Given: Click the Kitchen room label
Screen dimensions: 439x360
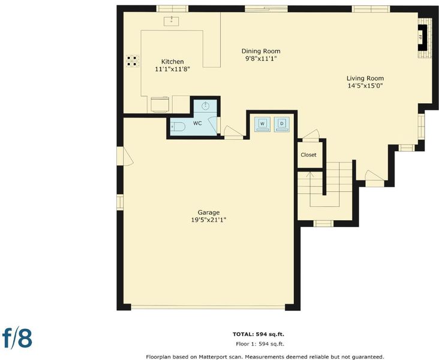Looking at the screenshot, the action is click(x=173, y=62).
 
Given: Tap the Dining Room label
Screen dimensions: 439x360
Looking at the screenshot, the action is click(x=261, y=51).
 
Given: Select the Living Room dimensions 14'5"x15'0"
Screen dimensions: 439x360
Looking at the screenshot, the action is click(x=365, y=86).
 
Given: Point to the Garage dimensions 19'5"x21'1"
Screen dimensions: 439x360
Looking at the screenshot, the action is click(x=209, y=220).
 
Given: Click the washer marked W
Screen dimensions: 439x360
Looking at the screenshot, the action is click(x=262, y=124).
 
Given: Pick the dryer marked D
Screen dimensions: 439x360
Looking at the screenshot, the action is click(x=282, y=124).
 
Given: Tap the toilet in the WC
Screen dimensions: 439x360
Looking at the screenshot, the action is click(x=178, y=127).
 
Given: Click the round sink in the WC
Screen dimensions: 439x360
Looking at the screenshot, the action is click(x=206, y=106).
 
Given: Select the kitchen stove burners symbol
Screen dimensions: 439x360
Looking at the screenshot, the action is click(x=132, y=61).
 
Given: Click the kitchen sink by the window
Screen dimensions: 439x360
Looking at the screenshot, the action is click(x=172, y=21).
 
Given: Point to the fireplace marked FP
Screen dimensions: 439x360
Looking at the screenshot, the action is click(x=422, y=38).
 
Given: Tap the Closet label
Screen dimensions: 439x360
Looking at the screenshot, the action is click(x=308, y=155).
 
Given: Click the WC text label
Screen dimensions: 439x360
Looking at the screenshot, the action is click(x=197, y=123).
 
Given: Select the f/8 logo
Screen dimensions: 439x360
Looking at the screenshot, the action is click(x=17, y=338).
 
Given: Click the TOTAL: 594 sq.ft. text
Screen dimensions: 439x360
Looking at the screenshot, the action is click(x=258, y=334).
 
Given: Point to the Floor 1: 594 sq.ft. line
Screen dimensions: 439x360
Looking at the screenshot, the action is click(x=260, y=344).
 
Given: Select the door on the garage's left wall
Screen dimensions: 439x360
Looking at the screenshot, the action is click(x=125, y=157).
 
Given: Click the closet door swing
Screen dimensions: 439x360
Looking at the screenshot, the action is click(x=311, y=135).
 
